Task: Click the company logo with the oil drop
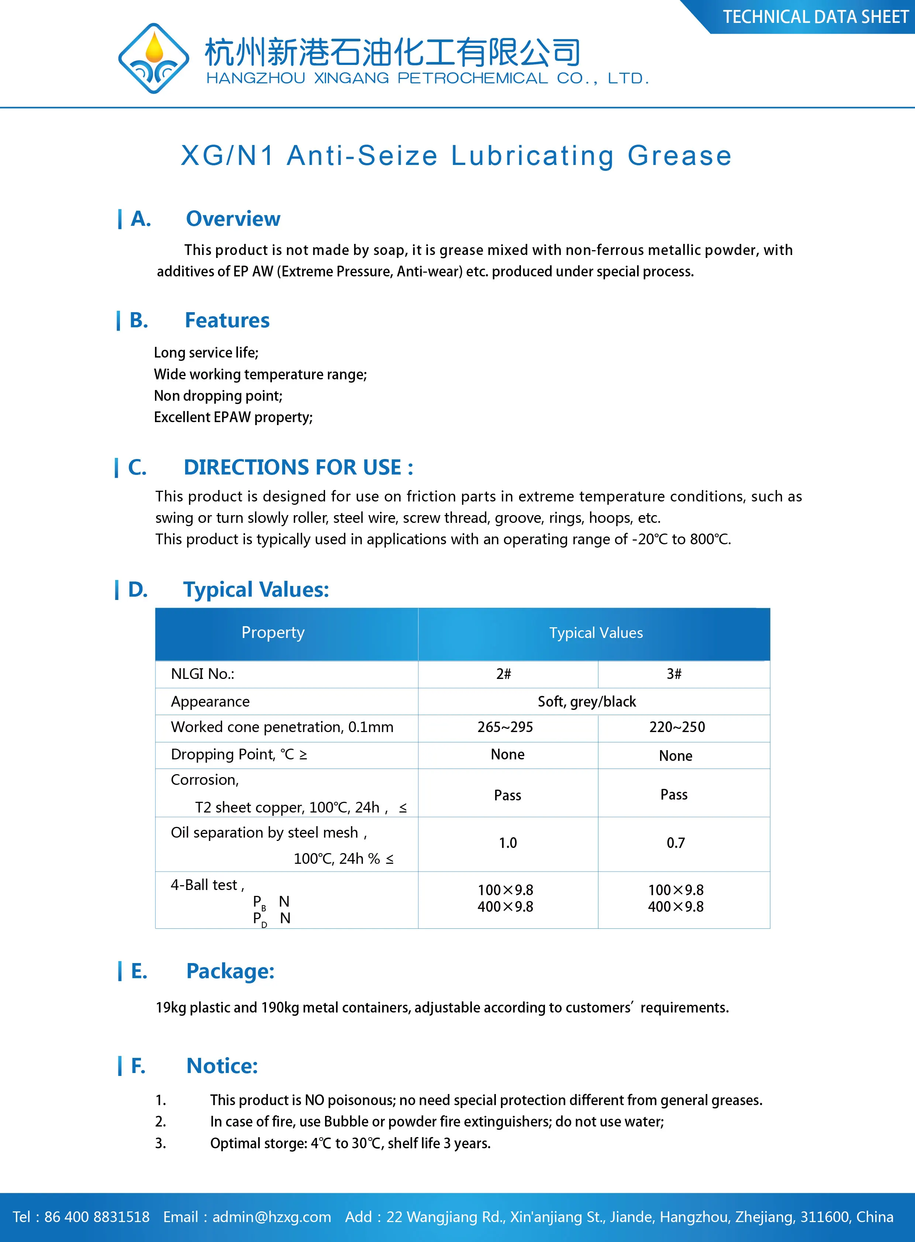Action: point(153,58)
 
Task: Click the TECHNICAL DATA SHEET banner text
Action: point(815,17)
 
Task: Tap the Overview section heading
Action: point(233,219)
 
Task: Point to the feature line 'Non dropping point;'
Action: point(218,396)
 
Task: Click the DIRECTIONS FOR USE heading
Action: point(298,468)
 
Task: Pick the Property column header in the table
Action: point(273,633)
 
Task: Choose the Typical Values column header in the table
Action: point(596,633)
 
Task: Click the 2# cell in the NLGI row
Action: point(504,674)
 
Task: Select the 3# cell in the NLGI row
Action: point(674,674)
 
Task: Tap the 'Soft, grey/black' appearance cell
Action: point(587,702)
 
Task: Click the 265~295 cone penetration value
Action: point(505,727)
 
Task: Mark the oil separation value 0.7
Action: point(676,843)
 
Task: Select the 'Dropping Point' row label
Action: point(239,755)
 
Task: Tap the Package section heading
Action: point(231,971)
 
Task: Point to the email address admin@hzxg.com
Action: point(272,1217)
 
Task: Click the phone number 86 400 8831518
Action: point(97,1217)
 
